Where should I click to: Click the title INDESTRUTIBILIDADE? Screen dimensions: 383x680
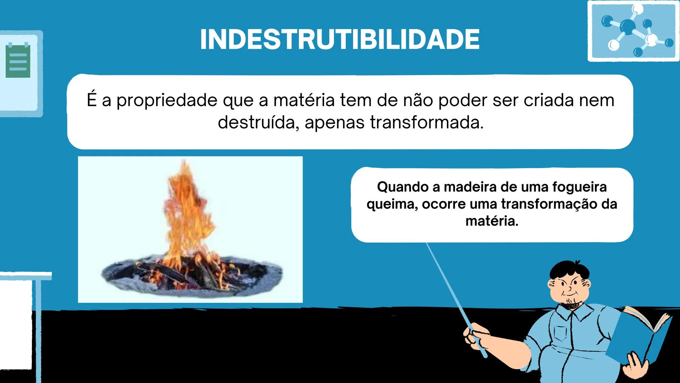click(x=340, y=39)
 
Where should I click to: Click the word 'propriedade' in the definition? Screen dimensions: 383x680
click(x=167, y=100)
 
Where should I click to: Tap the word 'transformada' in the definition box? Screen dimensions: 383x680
click(x=426, y=123)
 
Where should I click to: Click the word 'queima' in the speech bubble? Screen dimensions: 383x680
click(x=392, y=205)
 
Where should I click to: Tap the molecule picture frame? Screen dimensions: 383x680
click(x=633, y=31)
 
